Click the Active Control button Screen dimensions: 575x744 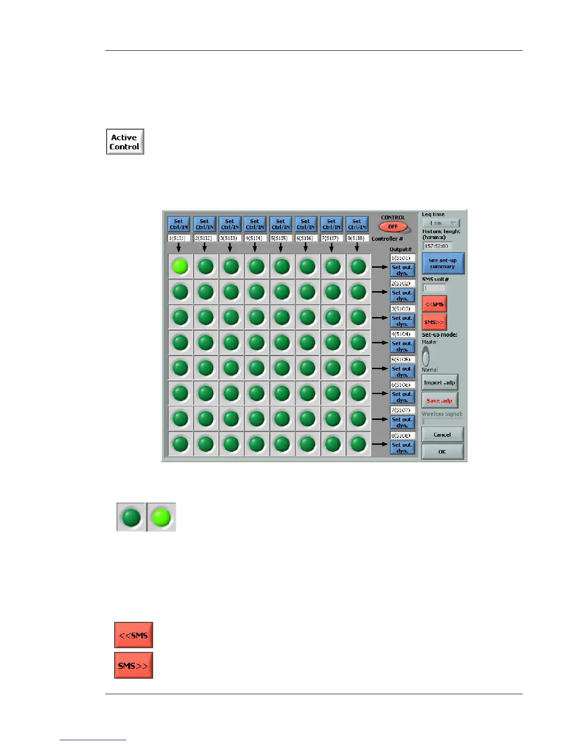[125, 142]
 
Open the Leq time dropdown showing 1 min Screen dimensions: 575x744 [441, 223]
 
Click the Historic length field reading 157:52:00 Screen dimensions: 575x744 [437, 246]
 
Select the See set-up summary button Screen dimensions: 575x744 [443, 263]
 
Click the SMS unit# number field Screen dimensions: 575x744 [434, 288]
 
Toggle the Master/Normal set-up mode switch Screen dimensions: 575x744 [426, 356]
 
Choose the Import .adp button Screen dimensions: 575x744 [439, 383]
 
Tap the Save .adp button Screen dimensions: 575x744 [439, 401]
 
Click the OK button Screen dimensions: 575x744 [442, 452]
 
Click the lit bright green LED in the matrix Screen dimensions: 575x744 [180, 267]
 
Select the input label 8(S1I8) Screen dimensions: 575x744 [357, 239]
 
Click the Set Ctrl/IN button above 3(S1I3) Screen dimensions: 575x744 [230, 224]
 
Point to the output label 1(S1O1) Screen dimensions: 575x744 [402, 258]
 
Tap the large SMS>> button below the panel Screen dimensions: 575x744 [133, 666]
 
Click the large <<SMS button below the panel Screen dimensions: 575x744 [133, 635]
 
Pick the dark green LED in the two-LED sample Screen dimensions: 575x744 [131, 517]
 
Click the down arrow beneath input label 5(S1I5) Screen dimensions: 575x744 [280, 248]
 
